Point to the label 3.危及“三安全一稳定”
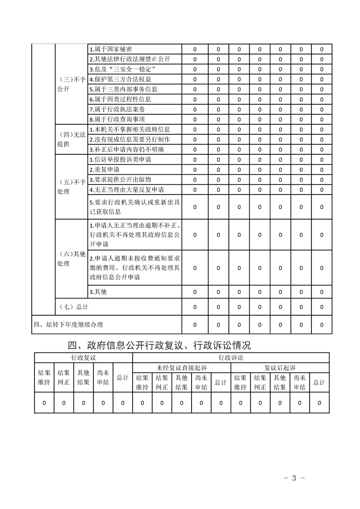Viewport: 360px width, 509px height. click(123, 69)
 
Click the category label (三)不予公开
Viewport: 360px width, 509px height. click(71, 84)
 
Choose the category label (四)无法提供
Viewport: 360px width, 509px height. click(71, 139)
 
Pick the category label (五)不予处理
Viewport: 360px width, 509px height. click(71, 187)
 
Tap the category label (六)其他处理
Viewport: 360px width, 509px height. click(71, 259)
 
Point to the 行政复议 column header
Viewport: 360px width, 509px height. click(84, 357)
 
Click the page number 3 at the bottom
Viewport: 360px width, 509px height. click(294, 478)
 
